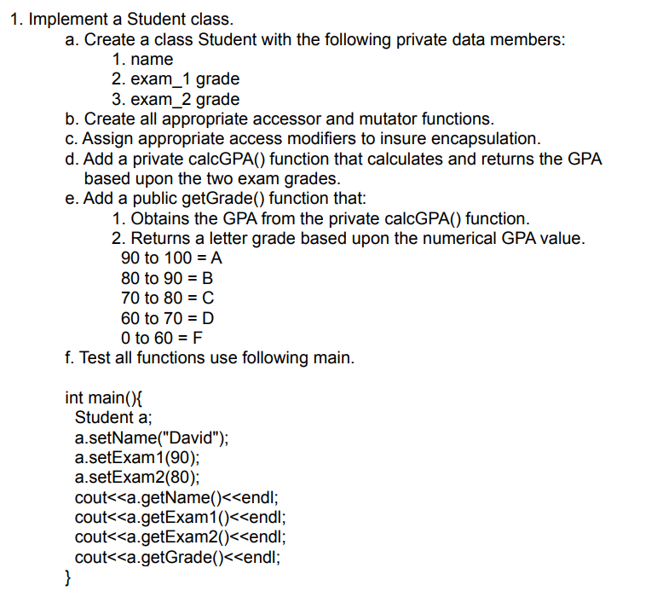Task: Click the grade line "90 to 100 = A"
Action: [171, 258]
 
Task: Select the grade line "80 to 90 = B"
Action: [167, 278]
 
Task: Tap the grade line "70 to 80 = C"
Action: [167, 298]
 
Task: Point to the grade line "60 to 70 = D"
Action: [167, 318]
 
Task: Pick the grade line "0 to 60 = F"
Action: [162, 338]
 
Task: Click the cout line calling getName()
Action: [177, 498]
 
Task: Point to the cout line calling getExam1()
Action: [180, 518]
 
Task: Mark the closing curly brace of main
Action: [68, 579]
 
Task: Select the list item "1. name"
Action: [142, 60]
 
